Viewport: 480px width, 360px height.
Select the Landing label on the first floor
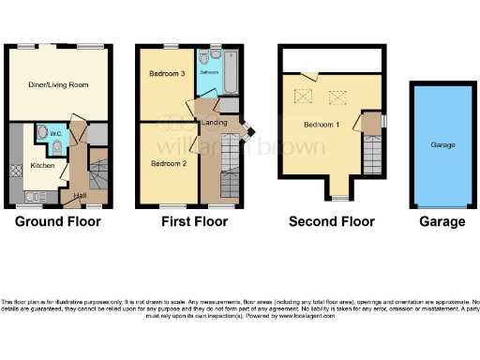pyautogui.click(x=217, y=124)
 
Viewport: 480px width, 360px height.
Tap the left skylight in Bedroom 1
pyautogui.click(x=304, y=95)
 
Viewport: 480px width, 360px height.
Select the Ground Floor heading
pyautogui.click(x=58, y=222)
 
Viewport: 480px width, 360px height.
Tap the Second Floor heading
pyautogui.click(x=331, y=222)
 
